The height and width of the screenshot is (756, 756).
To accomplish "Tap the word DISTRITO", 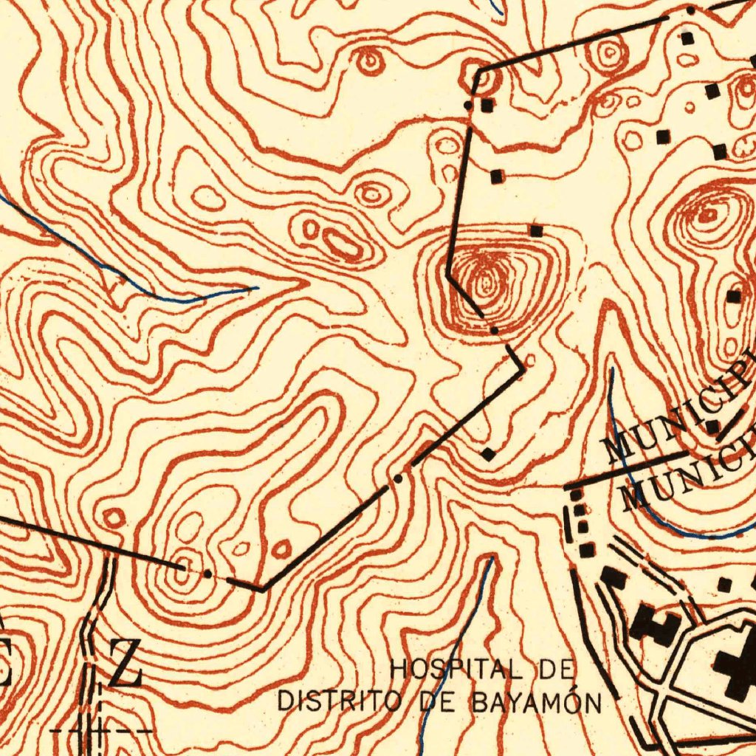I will [x=337, y=700].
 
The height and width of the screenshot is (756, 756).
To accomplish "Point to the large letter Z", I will [x=126, y=663].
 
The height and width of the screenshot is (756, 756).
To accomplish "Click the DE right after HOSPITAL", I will [x=557, y=670].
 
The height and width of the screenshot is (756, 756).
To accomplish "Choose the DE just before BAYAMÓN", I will [x=440, y=701].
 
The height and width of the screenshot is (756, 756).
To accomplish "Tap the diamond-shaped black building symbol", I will [x=488, y=453].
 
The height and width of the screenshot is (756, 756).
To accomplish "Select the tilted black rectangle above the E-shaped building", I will [x=614, y=577].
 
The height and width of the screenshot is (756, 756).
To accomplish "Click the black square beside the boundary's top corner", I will [x=487, y=106].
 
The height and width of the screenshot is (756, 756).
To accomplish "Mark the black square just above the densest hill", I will [x=536, y=231].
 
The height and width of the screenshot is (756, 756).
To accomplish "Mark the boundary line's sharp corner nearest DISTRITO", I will [x=262, y=590].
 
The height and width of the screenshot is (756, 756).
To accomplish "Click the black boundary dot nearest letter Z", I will [x=208, y=574].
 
